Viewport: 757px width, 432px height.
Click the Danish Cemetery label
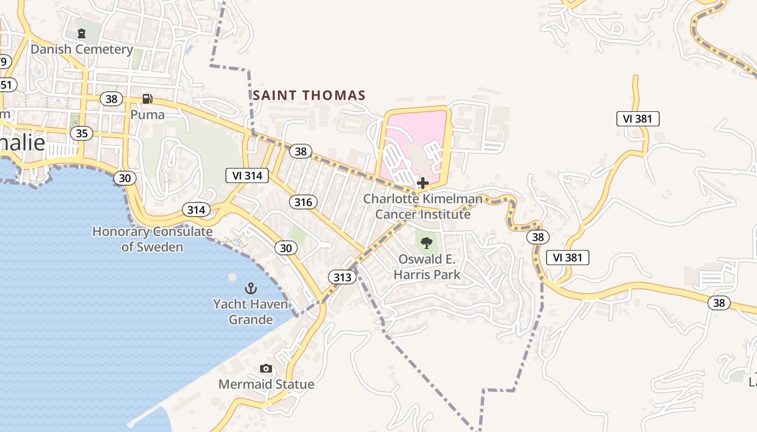tap(82, 49)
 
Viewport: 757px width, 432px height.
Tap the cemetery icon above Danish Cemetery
tap(82, 33)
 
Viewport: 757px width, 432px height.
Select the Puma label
tap(147, 114)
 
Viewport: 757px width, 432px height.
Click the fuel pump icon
tap(147, 99)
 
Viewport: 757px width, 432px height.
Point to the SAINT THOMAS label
tap(309, 96)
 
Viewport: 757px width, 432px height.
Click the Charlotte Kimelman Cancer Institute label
tap(422, 206)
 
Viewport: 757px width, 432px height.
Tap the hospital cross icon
tap(423, 183)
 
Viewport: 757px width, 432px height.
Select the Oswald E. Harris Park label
tap(427, 267)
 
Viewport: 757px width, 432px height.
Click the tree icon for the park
tap(427, 242)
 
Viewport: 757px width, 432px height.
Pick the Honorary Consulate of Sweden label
tap(152, 239)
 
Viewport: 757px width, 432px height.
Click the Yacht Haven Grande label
tap(250, 312)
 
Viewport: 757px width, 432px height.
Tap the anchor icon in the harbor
tap(250, 288)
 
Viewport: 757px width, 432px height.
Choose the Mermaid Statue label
tap(266, 384)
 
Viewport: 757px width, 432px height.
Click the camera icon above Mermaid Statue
tap(265, 368)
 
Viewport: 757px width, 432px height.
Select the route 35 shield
tap(81, 133)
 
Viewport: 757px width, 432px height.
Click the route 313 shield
tap(342, 278)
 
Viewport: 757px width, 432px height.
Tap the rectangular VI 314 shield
tap(247, 175)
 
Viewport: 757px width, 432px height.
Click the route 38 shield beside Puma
tap(111, 99)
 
